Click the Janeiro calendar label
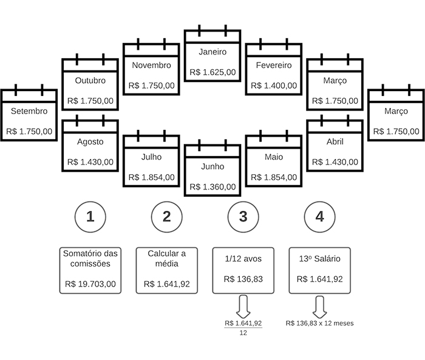(x=212, y=52)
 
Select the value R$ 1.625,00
(x=212, y=72)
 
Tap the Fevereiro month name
(x=274, y=65)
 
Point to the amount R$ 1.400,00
(x=274, y=86)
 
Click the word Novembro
(x=151, y=65)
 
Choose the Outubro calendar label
(x=90, y=80)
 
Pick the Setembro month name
(x=29, y=110)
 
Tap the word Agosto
(x=90, y=141)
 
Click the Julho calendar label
(x=151, y=157)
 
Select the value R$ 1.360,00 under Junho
(x=212, y=186)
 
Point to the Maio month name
(x=274, y=157)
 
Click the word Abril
(x=335, y=141)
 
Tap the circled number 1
(x=90, y=217)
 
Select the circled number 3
(x=243, y=217)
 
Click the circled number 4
(x=319, y=217)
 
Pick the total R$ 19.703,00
(x=90, y=284)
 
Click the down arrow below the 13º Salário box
(x=319, y=305)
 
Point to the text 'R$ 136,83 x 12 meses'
(x=319, y=324)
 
